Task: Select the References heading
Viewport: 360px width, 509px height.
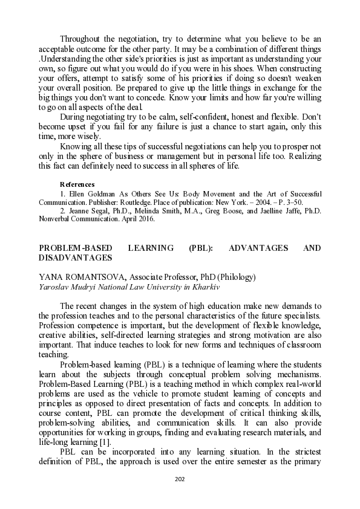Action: pos(77,184)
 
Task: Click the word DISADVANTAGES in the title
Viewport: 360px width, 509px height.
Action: pos(75,258)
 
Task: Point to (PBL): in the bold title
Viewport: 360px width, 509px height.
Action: pos(200,248)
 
